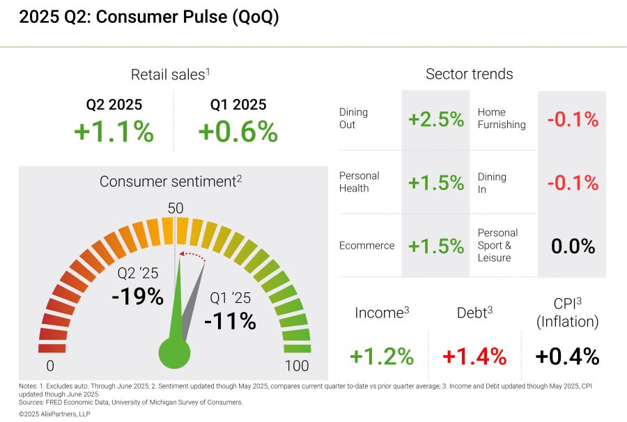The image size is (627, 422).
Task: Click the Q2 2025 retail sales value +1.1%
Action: click(x=114, y=132)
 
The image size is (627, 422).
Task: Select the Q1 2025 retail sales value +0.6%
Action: click(x=238, y=132)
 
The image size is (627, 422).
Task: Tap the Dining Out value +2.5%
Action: click(x=436, y=119)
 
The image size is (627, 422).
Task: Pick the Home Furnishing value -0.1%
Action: click(x=573, y=119)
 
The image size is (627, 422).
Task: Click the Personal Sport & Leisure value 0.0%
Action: click(x=573, y=246)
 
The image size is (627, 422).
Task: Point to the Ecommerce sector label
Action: click(x=366, y=246)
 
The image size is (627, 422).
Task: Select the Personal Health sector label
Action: click(x=359, y=182)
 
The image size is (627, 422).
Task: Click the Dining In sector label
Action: click(x=492, y=182)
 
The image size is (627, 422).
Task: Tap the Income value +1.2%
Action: click(x=382, y=356)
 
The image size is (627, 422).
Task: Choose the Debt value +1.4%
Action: click(x=474, y=356)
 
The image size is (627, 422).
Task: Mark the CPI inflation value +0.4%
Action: click(x=567, y=356)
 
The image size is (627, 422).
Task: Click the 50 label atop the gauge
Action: click(x=176, y=208)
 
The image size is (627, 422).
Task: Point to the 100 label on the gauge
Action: click(x=297, y=366)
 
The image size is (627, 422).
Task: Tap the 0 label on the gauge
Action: click(x=50, y=366)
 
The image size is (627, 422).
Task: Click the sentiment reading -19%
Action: click(x=137, y=296)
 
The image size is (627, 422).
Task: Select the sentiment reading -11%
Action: click(x=230, y=321)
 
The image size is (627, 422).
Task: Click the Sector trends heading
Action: click(x=469, y=74)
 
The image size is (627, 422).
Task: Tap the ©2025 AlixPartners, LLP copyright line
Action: click(x=54, y=414)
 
